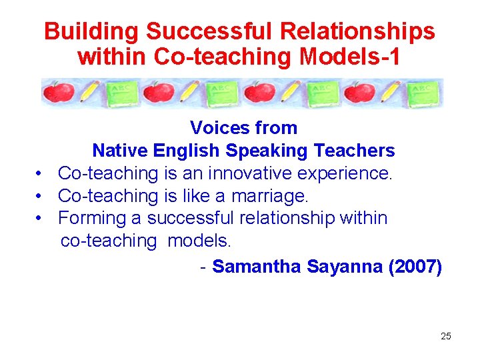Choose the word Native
[x=120, y=151]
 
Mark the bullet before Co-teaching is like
[x=41, y=196]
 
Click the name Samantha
[x=257, y=267]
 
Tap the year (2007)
[x=414, y=267]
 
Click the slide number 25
[x=445, y=336]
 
